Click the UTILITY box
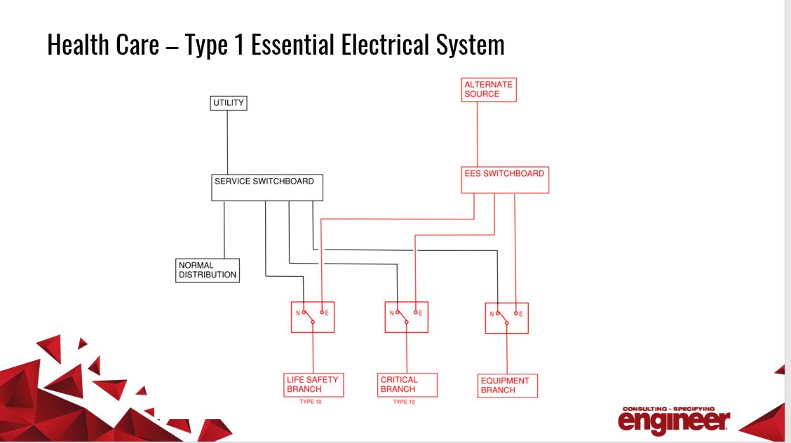(229, 103)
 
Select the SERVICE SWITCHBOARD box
(267, 187)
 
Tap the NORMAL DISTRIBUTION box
(207, 271)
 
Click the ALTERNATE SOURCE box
(489, 90)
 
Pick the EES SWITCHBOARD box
(505, 179)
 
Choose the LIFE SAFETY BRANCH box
(312, 385)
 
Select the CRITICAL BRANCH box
(407, 385)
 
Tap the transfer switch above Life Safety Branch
(313, 318)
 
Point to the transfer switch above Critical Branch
(406, 318)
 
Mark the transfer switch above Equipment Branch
(506, 318)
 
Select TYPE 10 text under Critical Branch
(404, 402)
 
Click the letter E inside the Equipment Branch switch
(521, 313)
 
